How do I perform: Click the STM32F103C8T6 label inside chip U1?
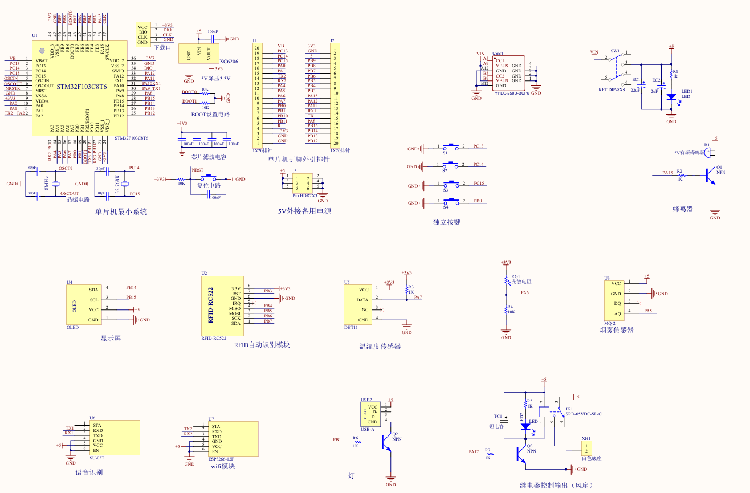[79, 87]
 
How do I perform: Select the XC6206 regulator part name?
[229, 62]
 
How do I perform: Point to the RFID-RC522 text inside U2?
[210, 305]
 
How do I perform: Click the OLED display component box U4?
[83, 304]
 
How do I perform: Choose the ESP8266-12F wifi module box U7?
[233, 438]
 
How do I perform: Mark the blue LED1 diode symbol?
[671, 97]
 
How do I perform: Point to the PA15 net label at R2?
[667, 173]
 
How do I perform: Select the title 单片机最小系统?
[121, 211]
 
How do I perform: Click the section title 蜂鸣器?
[682, 209]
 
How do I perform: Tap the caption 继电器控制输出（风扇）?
[556, 486]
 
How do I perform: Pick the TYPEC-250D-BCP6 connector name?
[511, 92]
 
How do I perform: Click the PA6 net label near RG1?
[525, 293]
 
